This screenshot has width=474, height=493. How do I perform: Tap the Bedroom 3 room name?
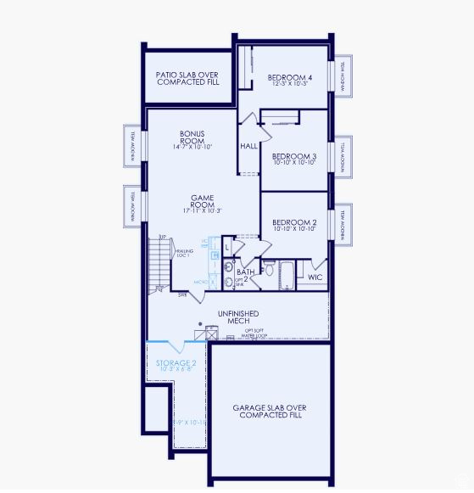(x=293, y=157)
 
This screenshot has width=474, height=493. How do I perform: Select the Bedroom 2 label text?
(x=293, y=222)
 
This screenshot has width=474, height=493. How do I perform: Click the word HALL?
(x=248, y=146)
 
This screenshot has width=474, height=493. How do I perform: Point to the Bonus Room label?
(x=192, y=137)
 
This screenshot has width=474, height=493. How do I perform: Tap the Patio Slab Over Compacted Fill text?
(x=187, y=78)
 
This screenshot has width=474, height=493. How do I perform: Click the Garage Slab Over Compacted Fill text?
(x=270, y=412)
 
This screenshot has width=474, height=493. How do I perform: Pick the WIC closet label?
(x=315, y=277)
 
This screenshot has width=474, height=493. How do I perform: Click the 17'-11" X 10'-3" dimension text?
(x=202, y=210)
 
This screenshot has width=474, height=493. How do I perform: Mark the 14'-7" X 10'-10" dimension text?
(x=192, y=147)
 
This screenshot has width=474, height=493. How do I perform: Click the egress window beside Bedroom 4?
(x=343, y=77)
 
